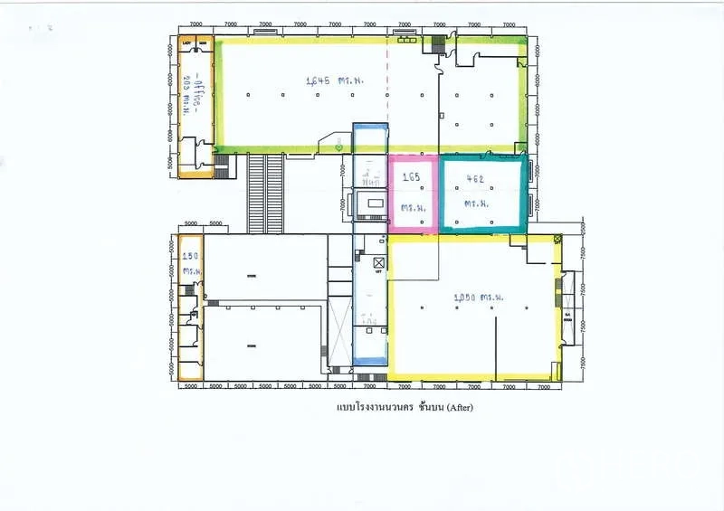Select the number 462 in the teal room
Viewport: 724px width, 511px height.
click(475, 179)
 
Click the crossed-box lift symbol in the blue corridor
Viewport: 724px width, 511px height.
click(379, 263)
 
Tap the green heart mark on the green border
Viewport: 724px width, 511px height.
click(338, 147)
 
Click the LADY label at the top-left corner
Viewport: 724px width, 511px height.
click(186, 43)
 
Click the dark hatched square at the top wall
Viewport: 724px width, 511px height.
click(440, 41)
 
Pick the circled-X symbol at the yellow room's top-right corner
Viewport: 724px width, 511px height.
click(557, 239)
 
